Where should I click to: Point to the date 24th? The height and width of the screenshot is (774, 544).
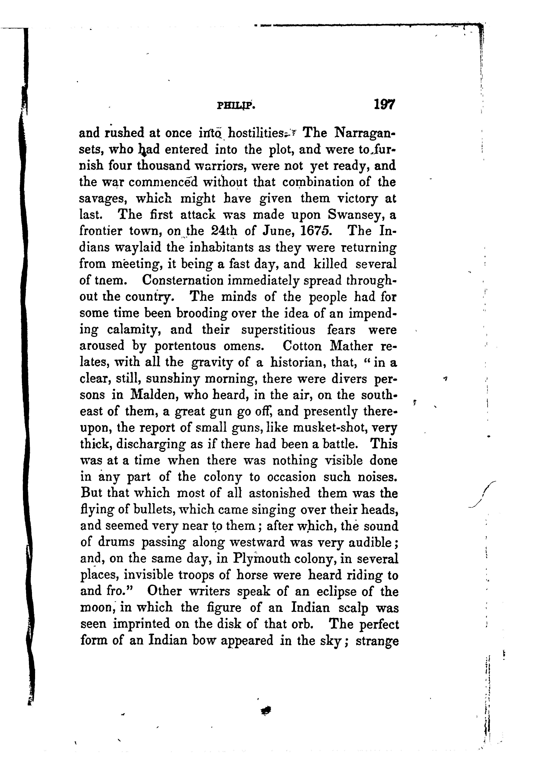point(224,231)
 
